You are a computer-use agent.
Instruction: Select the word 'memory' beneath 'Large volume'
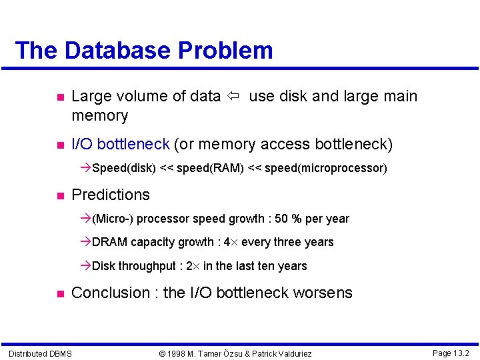point(99,116)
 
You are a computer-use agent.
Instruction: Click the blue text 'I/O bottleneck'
point(120,145)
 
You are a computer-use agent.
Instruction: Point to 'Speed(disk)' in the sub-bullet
point(124,168)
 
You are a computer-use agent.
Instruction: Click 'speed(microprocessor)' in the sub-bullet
point(326,168)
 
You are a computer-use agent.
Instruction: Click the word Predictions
point(111,195)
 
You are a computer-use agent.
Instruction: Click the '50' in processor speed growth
point(282,219)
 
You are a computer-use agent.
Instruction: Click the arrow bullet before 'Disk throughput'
point(85,266)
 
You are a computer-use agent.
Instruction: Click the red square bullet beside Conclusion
point(59,293)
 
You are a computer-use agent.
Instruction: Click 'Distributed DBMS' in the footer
point(40,353)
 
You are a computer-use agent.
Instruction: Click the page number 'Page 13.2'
point(451,353)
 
